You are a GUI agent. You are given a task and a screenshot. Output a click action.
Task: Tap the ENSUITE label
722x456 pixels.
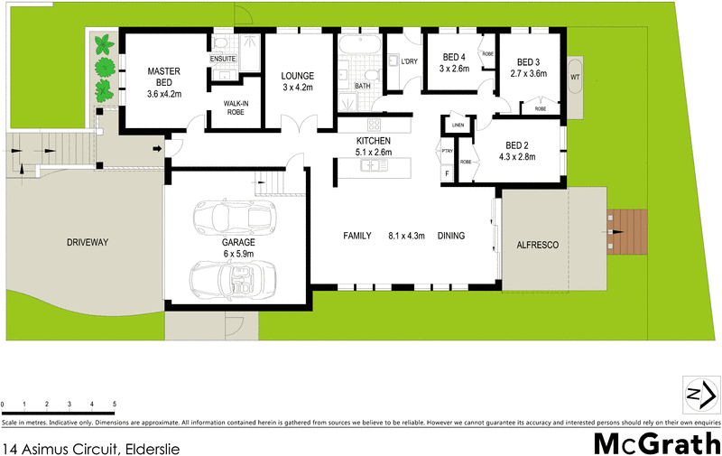click(223, 60)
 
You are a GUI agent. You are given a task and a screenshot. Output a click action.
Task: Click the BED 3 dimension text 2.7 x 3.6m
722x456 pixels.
click(528, 74)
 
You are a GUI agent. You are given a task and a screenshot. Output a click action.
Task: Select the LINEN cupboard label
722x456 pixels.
click(458, 125)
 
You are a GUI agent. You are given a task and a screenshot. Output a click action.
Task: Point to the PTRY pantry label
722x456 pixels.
click(447, 151)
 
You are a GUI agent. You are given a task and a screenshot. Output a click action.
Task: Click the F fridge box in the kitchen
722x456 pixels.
click(446, 172)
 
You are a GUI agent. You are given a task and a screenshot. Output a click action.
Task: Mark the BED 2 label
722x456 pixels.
click(516, 145)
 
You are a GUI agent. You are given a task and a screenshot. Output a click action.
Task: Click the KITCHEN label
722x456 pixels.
click(373, 142)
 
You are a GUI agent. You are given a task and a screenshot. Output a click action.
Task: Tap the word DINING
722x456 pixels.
click(450, 237)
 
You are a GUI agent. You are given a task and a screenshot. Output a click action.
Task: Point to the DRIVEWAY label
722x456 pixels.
click(87, 243)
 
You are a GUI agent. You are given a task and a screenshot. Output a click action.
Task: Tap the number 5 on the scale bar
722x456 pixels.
click(115, 404)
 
